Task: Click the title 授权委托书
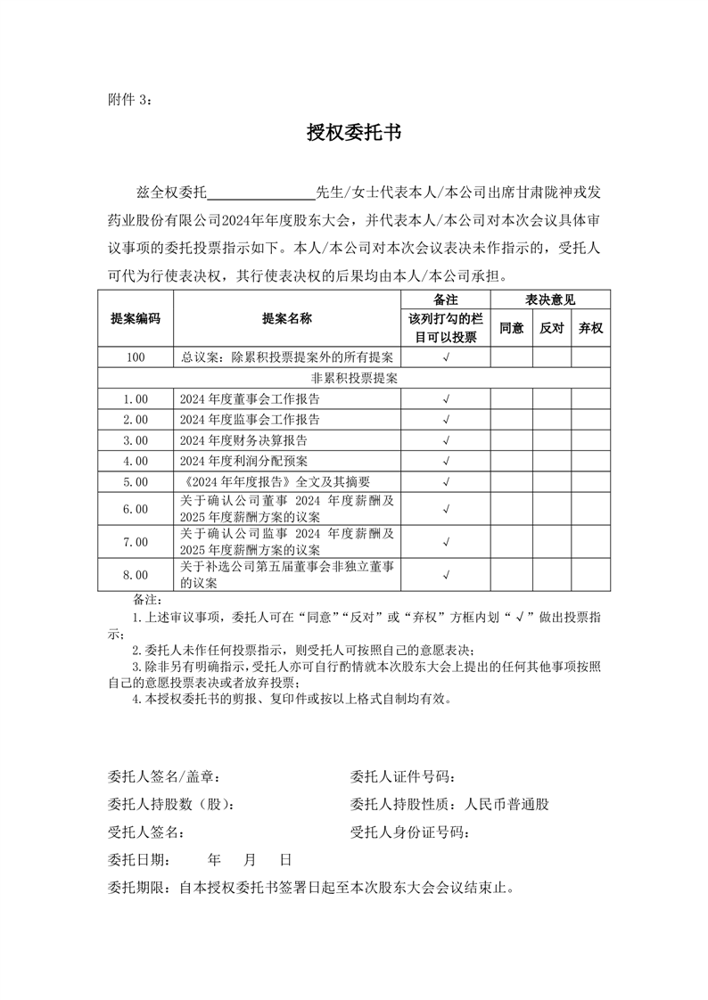coord(354,134)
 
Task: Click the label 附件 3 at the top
coord(129,99)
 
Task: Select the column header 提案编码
coord(136,318)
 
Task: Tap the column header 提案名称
coord(287,318)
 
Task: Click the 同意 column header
coord(511,328)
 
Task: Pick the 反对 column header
coord(552,328)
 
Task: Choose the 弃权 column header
coord(590,328)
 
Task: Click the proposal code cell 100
coord(136,357)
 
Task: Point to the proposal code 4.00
coord(136,461)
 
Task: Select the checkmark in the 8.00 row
coord(446,575)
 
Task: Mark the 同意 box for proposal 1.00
coord(511,398)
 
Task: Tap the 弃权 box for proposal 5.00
coord(590,482)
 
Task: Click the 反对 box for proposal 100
coord(552,357)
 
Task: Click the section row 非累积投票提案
coord(354,378)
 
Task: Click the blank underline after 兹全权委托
coord(261,192)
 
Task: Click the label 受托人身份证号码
coord(409,832)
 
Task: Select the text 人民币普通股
coord(507,804)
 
